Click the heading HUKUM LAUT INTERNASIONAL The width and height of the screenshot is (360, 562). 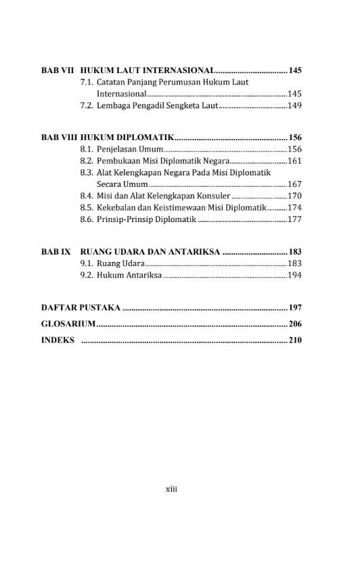[x=148, y=70]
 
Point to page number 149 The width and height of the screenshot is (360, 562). [x=294, y=106]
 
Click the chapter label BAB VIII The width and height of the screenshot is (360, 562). [x=59, y=137]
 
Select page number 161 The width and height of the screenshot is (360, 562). [x=294, y=160]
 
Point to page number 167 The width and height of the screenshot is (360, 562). [x=294, y=184]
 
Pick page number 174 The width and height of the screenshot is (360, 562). [x=294, y=207]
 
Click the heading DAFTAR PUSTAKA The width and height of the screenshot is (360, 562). [x=81, y=308]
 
